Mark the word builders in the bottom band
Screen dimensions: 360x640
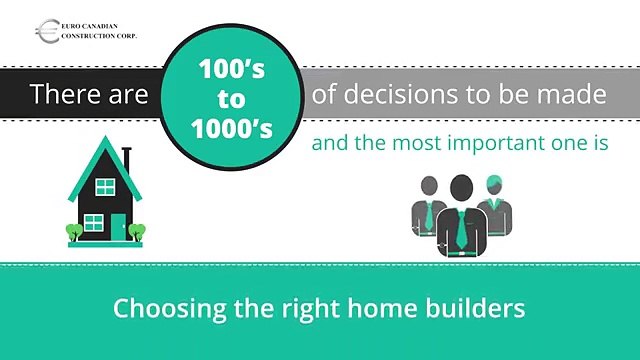tap(474, 307)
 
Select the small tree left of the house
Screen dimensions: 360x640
tap(73, 232)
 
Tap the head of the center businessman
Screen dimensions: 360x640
tap(460, 187)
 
